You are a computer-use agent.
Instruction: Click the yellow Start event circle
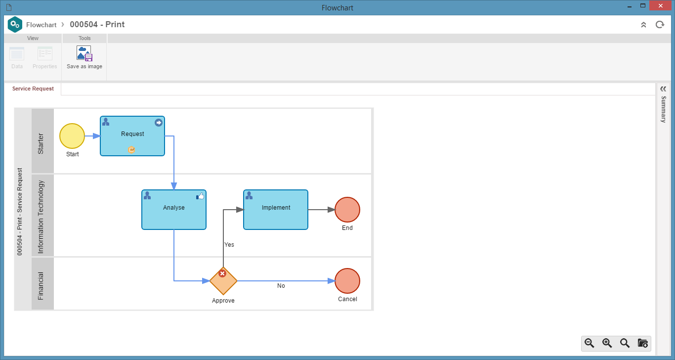[x=72, y=136]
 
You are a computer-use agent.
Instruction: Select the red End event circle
[x=347, y=210]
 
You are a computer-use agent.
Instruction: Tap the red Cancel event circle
[x=347, y=281]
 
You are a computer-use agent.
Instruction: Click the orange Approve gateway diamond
[x=223, y=281]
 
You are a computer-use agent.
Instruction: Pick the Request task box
[x=132, y=136]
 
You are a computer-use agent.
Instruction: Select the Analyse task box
[x=174, y=210]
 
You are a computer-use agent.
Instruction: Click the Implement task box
[x=276, y=210]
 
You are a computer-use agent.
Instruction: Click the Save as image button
[x=84, y=57]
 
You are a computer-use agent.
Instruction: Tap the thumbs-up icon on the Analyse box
[x=200, y=196]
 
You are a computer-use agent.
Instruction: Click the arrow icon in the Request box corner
[x=159, y=123]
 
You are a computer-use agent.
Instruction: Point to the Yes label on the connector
[x=229, y=244]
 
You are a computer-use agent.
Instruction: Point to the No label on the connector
[x=281, y=285]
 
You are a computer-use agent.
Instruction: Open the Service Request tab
[x=33, y=89]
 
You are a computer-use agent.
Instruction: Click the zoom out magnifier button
[x=590, y=343]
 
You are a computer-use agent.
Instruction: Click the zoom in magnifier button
[x=607, y=343]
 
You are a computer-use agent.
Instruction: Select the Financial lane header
[x=42, y=284]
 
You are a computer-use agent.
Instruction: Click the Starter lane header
[x=42, y=141]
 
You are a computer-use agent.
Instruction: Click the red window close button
[x=660, y=6]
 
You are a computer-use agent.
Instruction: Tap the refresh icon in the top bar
[x=660, y=24]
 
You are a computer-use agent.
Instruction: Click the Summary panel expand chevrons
[x=663, y=89]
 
